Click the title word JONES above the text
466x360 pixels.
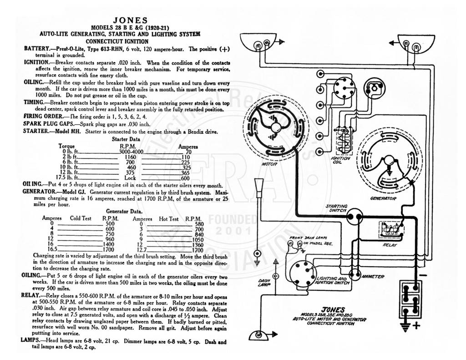coord(130,20)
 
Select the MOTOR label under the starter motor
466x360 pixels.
coord(269,164)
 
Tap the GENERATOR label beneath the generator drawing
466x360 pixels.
coord(383,198)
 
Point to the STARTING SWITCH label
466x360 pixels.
coord(336,208)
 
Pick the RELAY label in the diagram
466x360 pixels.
coord(390,245)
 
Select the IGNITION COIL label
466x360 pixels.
coord(340,160)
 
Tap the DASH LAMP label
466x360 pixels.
coord(264,283)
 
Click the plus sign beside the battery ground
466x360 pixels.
coord(417,325)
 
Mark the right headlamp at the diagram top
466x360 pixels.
coord(411,42)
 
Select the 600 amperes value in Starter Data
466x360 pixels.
coord(185,178)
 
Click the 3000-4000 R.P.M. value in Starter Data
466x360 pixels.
coord(131,152)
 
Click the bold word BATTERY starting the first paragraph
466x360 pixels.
coord(36,48)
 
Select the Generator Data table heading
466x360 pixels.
coord(124,211)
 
